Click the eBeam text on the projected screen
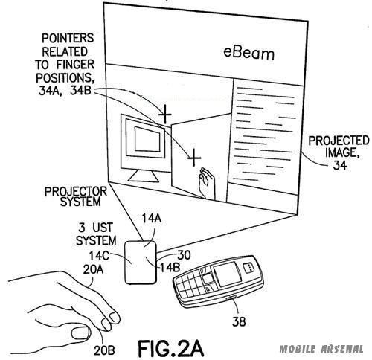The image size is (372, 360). (x=249, y=54)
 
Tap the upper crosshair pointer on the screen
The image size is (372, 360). (x=165, y=115)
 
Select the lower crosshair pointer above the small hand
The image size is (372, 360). (x=194, y=158)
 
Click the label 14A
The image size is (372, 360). (x=152, y=219)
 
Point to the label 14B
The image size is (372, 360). (x=170, y=267)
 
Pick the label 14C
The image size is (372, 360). (x=99, y=256)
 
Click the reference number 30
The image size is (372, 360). (x=184, y=255)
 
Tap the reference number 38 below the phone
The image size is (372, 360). (x=239, y=321)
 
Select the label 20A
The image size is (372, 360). (x=93, y=269)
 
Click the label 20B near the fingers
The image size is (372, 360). (x=104, y=350)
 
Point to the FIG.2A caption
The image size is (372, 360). (x=171, y=348)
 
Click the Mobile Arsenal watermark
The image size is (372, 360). (x=321, y=349)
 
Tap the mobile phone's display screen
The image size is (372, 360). (x=228, y=274)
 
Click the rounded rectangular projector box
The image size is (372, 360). (x=141, y=262)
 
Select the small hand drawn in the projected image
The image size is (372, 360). (x=207, y=183)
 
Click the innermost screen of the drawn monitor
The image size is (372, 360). (x=147, y=139)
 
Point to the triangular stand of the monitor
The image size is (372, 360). (x=144, y=176)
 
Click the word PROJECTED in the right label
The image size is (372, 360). (x=339, y=141)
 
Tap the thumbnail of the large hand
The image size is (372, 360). (x=80, y=333)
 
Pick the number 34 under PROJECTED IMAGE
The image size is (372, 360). (x=340, y=164)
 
